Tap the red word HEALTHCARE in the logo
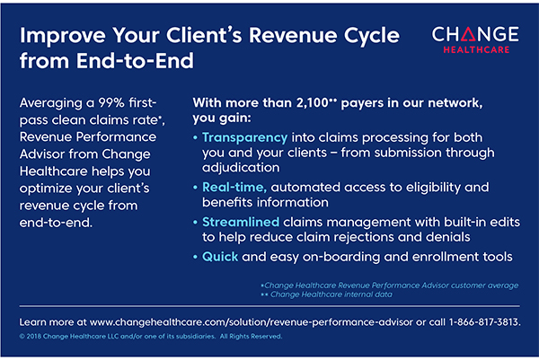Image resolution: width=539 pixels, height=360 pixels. [476, 49]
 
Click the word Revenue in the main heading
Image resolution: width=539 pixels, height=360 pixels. [294, 35]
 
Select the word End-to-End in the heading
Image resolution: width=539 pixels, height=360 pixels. [135, 60]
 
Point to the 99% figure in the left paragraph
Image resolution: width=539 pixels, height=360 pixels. [111, 102]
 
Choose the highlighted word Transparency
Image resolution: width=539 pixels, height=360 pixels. [244, 137]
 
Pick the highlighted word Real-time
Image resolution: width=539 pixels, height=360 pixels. [234, 188]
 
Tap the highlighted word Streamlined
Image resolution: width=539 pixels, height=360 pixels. [241, 222]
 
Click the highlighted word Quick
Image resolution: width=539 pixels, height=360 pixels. [220, 257]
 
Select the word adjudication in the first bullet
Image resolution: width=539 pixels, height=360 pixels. [241, 168]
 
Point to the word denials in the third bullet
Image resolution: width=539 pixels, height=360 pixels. [447, 237]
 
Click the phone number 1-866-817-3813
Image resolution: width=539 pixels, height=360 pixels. [485, 322]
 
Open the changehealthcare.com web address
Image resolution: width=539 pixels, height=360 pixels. [252, 322]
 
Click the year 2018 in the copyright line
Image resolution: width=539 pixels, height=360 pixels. [34, 337]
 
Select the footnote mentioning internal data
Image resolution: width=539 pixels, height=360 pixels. [327, 294]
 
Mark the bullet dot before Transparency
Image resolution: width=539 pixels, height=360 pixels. [195, 137]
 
